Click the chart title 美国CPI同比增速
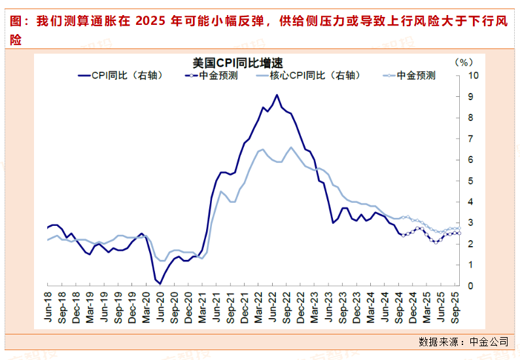(x=237, y=63)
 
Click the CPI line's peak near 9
(x=277, y=96)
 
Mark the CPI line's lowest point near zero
(x=160, y=283)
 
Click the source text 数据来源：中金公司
(x=463, y=342)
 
